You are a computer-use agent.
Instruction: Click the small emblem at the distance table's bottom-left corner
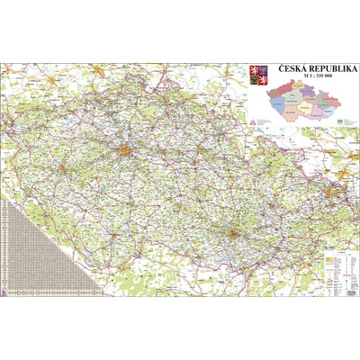[x=5, y=292]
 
